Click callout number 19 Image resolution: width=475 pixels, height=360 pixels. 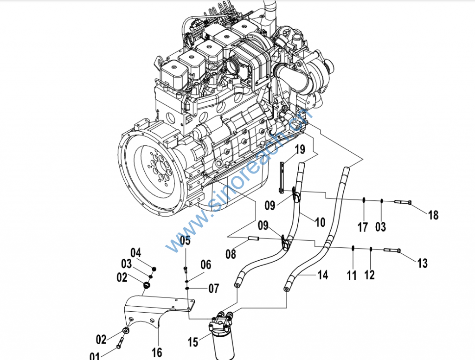click(x=300, y=149)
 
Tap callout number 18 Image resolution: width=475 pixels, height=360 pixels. click(x=433, y=215)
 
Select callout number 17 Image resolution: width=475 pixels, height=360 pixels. click(x=363, y=227)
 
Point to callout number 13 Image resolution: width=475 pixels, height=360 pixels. click(x=422, y=264)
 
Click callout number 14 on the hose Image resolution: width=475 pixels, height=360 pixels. click(x=322, y=275)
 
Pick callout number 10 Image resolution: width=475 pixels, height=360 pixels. click(x=320, y=222)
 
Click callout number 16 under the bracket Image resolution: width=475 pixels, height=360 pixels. click(x=157, y=352)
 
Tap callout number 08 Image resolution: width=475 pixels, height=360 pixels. click(x=231, y=254)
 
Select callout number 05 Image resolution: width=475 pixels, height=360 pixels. click(x=185, y=240)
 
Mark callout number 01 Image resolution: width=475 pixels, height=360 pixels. click(x=95, y=356)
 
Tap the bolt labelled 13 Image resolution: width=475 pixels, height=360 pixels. click(x=392, y=251)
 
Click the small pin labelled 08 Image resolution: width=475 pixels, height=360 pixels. click(x=254, y=239)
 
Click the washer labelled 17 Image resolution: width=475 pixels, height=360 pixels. click(x=365, y=200)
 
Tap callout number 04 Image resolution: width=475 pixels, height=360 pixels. click(x=135, y=253)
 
